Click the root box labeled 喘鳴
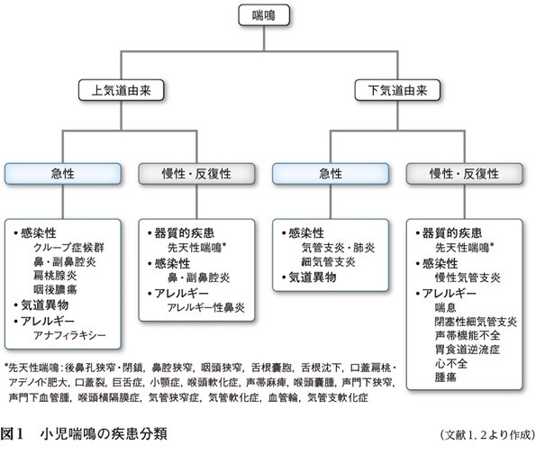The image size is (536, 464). [x=264, y=15]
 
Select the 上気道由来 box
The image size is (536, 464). [x=121, y=90]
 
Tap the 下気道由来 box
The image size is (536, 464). [x=397, y=90]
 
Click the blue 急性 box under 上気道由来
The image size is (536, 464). [x=62, y=174]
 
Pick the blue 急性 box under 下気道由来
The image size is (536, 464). [x=331, y=174]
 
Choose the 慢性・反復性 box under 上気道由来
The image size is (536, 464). [x=196, y=174]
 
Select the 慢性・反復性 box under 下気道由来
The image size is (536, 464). [x=464, y=174]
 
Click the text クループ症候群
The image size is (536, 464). [x=68, y=247]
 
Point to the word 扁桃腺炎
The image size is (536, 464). [x=55, y=276]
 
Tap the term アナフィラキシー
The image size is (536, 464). [x=69, y=335]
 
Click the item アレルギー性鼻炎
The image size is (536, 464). [x=205, y=307]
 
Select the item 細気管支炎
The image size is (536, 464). [x=328, y=262]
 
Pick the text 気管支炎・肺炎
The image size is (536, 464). [x=338, y=247]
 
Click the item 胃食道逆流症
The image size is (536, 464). [x=468, y=350]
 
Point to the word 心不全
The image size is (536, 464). [x=451, y=363]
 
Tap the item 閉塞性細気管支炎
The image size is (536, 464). [x=476, y=322]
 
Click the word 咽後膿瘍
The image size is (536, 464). [x=55, y=289]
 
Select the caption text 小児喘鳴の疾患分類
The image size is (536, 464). [x=104, y=434]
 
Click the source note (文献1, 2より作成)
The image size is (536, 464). [x=487, y=435]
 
